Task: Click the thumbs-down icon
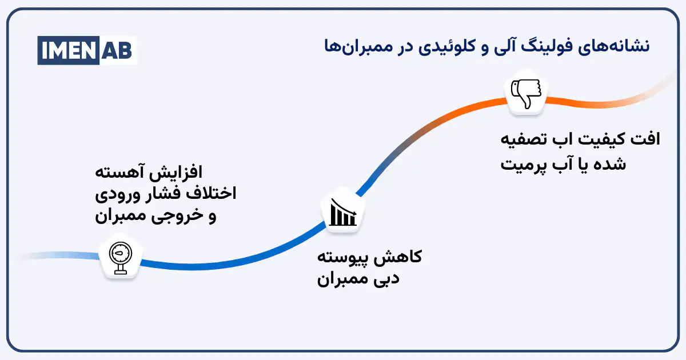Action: pos(528,94)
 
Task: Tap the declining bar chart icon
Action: pos(342,212)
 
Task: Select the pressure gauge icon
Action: pos(119,258)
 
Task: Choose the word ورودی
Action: pos(114,194)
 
